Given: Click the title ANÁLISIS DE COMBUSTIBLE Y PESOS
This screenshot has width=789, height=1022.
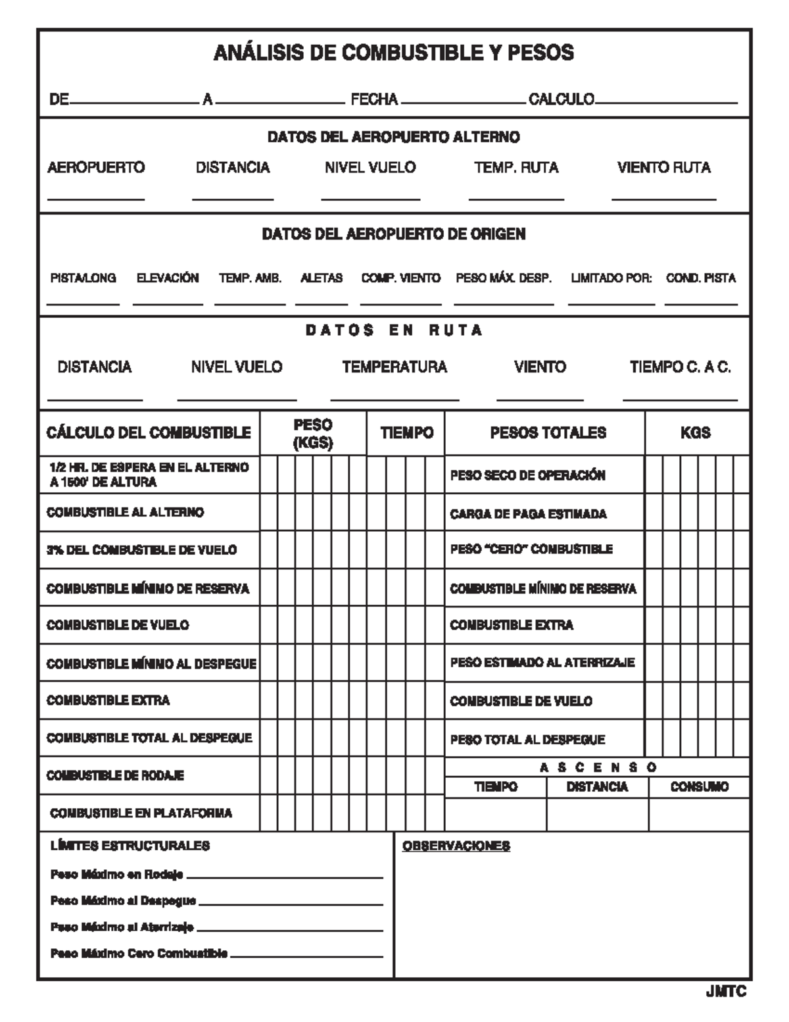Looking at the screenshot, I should [x=393, y=53].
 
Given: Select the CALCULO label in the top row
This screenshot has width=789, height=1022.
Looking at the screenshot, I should [x=562, y=99].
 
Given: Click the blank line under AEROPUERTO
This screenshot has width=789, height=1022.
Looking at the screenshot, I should [x=96, y=197].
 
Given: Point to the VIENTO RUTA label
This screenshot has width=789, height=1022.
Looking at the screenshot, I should [x=663, y=168].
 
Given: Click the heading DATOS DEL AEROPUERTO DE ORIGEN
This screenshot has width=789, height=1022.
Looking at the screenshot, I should [x=393, y=234].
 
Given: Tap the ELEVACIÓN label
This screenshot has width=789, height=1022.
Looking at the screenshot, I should [x=168, y=278].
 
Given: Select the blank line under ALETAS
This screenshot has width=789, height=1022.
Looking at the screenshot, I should [x=321, y=303].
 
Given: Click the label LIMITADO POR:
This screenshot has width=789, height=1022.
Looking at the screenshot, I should [x=611, y=278].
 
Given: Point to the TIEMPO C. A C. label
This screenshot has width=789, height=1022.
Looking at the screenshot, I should [x=680, y=367].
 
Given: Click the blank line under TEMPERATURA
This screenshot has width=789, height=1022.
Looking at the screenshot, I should [x=394, y=399].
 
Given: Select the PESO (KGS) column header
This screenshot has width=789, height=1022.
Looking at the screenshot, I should [x=313, y=434].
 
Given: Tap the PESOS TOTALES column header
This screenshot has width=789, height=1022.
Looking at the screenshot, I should [x=548, y=433].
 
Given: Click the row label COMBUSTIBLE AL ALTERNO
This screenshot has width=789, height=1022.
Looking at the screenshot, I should [x=125, y=512].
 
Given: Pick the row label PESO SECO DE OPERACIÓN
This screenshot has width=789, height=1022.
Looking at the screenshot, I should [x=527, y=475].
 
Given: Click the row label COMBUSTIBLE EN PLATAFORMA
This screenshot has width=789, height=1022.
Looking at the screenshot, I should [x=141, y=813].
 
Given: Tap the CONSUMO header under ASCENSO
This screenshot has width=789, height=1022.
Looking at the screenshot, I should [x=699, y=787].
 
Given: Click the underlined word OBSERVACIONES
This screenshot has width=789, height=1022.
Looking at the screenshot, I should [x=456, y=846].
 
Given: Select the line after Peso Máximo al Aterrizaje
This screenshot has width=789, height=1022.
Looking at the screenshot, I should [x=289, y=930].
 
